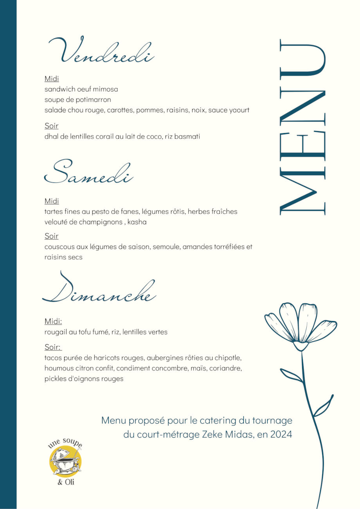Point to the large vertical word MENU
302,127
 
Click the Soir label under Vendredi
52,126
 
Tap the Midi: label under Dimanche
53,321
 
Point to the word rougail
57,332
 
